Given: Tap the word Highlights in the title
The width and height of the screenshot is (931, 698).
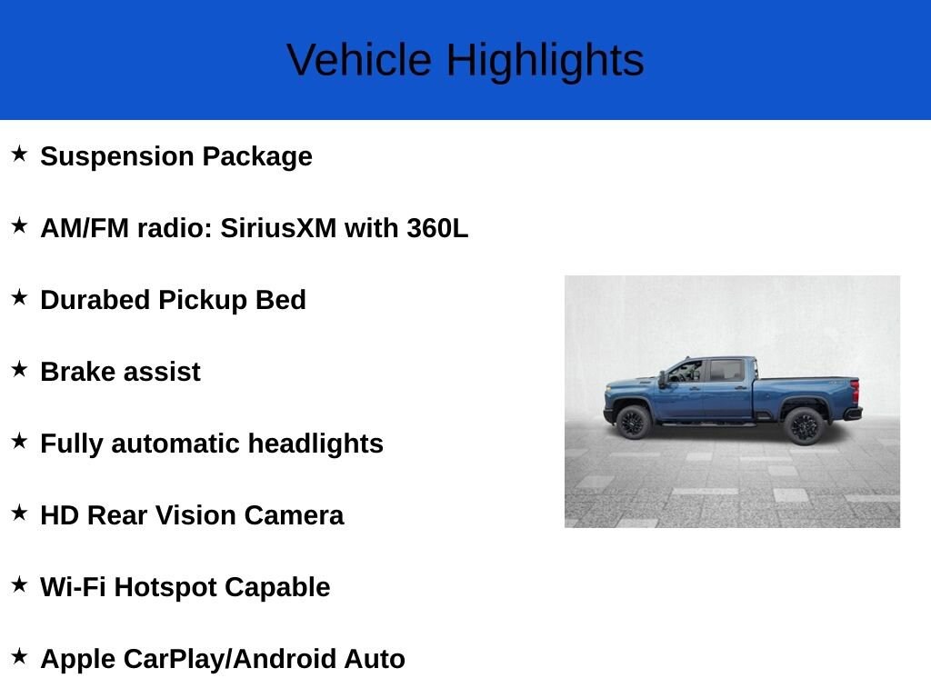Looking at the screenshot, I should pyautogui.click(x=545, y=61).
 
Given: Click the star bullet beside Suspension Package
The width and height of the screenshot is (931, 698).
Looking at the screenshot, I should pyautogui.click(x=19, y=154).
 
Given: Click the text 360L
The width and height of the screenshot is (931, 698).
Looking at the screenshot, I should pyautogui.click(x=437, y=228).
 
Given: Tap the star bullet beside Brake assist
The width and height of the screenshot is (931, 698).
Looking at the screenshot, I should pyautogui.click(x=19, y=369).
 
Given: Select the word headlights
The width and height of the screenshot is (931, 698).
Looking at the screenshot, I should pyautogui.click(x=315, y=444).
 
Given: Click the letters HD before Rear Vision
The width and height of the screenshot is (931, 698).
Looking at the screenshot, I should pyautogui.click(x=60, y=515).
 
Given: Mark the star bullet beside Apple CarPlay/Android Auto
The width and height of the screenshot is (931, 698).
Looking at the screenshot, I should pyautogui.click(x=19, y=656).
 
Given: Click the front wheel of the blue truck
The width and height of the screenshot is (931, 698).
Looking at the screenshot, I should pyautogui.click(x=631, y=423).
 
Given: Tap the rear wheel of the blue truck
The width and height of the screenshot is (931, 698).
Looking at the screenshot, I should pyautogui.click(x=803, y=424).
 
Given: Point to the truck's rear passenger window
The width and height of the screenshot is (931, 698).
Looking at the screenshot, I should pyautogui.click(x=726, y=370).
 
